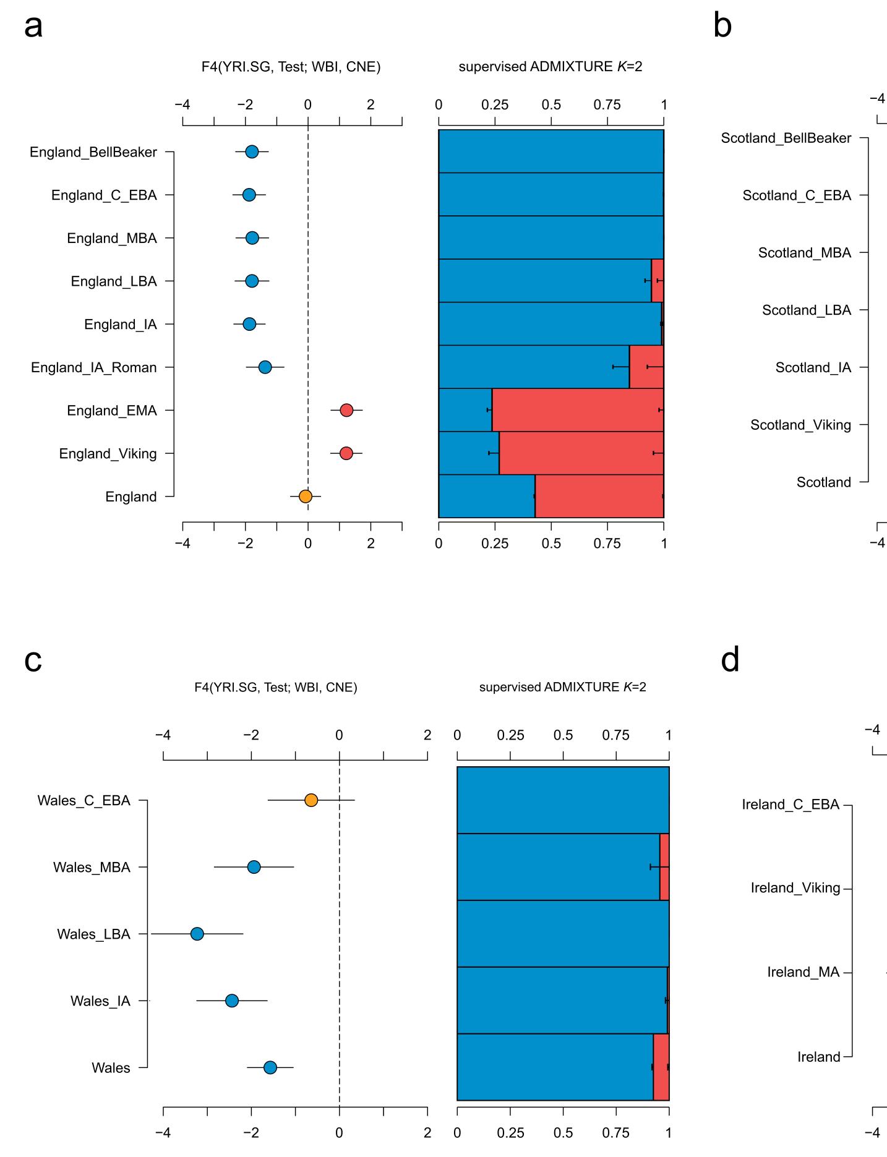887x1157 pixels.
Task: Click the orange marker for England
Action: click(x=305, y=497)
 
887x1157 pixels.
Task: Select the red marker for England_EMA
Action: click(x=346, y=411)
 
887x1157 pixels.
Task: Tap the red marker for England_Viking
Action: click(x=346, y=453)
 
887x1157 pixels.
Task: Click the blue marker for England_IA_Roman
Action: click(x=265, y=367)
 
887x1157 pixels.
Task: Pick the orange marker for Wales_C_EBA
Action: click(x=311, y=800)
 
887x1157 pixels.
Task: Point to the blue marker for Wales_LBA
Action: click(x=197, y=934)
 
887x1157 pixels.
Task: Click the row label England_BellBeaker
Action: click(x=93, y=152)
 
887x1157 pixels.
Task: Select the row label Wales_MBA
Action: click(x=92, y=868)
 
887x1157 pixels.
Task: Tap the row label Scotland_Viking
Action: click(x=800, y=425)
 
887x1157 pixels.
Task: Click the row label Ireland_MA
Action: click(x=803, y=972)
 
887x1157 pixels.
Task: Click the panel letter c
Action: click(x=33, y=660)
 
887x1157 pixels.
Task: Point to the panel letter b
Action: click(x=722, y=27)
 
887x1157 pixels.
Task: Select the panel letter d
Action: click(x=730, y=660)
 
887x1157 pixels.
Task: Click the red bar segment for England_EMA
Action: click(x=577, y=411)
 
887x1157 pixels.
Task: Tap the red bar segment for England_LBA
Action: click(x=658, y=281)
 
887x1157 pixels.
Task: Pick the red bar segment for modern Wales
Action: click(x=661, y=1067)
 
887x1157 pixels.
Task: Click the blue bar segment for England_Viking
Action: click(x=468, y=453)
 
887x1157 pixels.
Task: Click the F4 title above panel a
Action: click(x=291, y=67)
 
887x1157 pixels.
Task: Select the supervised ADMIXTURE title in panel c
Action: click(x=562, y=687)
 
